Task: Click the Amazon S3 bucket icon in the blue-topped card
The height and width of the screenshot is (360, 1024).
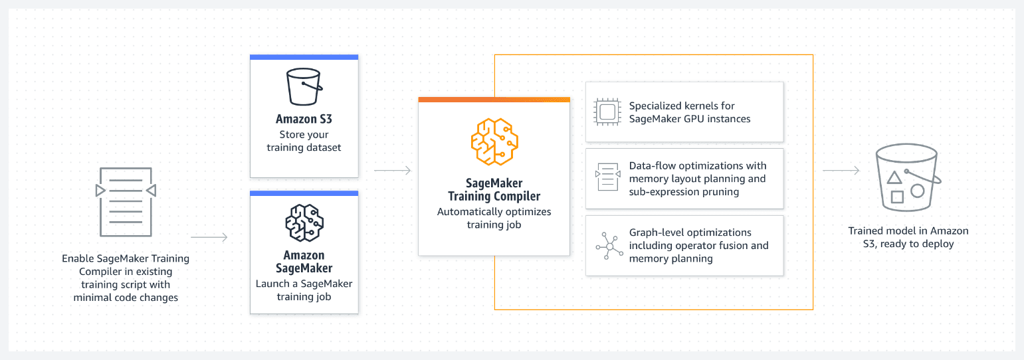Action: click(304, 87)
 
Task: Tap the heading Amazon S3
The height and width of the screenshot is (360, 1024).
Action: click(304, 120)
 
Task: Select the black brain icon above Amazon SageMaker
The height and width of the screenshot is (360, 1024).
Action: click(304, 223)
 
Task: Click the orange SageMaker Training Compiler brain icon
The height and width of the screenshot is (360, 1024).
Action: click(494, 141)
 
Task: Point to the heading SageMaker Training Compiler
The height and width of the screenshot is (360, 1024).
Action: click(494, 189)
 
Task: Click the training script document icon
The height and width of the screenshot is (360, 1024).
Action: click(126, 202)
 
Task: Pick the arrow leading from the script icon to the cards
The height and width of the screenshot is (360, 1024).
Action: click(209, 237)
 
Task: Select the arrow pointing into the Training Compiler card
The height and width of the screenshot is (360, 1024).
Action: click(392, 171)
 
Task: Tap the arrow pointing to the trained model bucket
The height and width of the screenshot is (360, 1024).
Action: click(841, 171)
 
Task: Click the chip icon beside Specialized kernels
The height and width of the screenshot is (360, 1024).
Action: click(607, 112)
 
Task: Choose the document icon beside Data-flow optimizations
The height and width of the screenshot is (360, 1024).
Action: click(608, 177)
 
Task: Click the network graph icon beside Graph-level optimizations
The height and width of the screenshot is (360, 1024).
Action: click(609, 246)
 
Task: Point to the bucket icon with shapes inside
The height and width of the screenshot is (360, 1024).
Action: click(908, 178)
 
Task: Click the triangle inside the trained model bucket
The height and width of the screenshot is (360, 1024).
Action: click(894, 178)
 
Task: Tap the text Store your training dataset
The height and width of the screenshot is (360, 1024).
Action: click(304, 141)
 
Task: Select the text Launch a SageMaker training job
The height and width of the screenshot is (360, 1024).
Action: click(304, 290)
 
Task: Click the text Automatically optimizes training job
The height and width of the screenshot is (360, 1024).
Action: click(494, 218)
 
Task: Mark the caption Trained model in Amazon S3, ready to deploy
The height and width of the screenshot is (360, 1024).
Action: click(908, 237)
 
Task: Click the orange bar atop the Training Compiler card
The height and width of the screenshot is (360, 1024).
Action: click(494, 100)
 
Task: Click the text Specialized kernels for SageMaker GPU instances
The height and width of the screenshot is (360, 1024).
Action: click(690, 112)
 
